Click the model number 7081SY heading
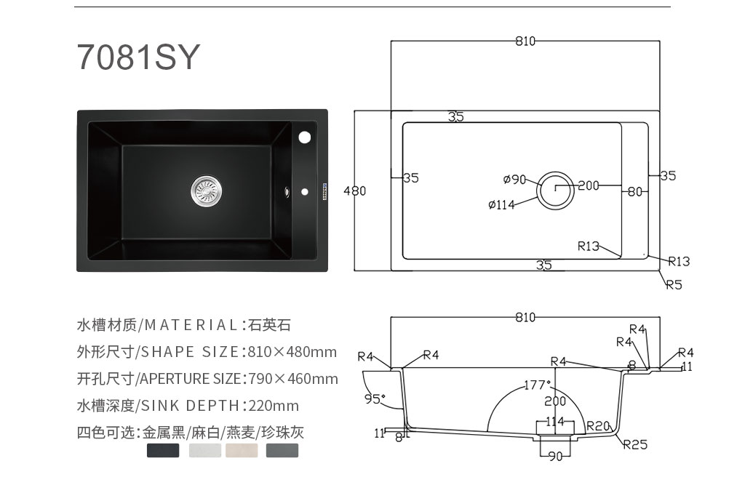click(138, 57)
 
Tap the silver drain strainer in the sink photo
click(206, 191)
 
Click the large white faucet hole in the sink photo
click(305, 137)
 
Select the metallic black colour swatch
click(163, 450)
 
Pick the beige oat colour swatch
click(242, 450)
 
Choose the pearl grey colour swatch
click(282, 450)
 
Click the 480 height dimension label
click(355, 191)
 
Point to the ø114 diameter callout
click(501, 205)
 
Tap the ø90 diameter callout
click(514, 179)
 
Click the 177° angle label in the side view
click(538, 385)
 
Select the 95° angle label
click(375, 398)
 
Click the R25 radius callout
click(635, 444)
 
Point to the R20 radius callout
click(598, 426)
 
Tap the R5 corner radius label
click(674, 284)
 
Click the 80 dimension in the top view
click(634, 191)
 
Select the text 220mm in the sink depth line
click(274, 406)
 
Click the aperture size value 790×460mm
click(293, 379)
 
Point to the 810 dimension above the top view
click(525, 41)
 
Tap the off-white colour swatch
click(204, 450)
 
